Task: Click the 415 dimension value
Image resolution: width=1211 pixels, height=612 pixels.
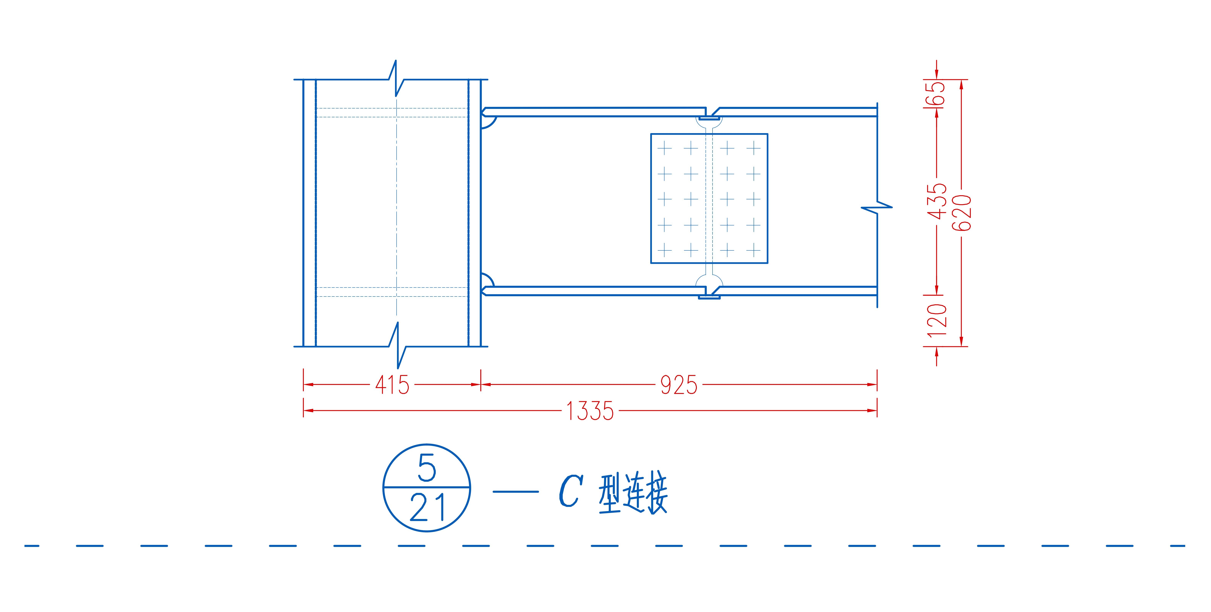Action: (392, 385)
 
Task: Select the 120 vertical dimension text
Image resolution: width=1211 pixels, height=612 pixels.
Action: (937, 320)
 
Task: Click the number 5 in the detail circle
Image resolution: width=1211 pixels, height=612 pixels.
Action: (427, 469)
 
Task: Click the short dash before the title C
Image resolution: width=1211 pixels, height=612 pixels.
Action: (516, 492)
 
